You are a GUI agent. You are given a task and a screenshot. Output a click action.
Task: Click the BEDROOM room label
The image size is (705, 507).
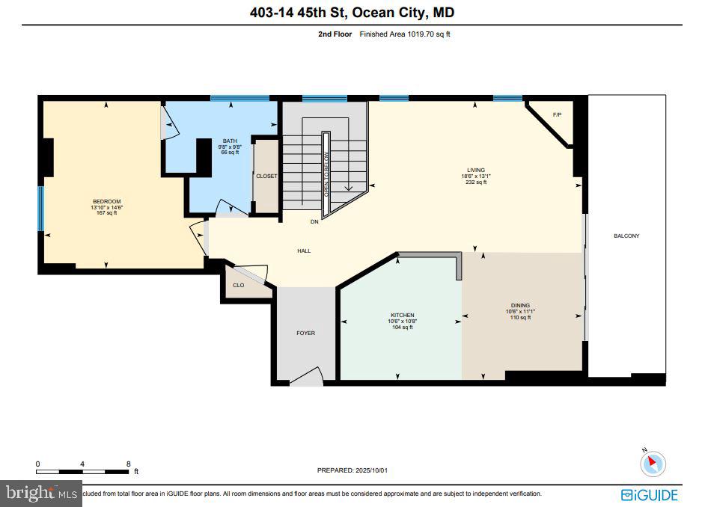click(106, 202)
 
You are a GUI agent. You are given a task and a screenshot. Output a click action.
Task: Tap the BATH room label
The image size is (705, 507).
click(229, 141)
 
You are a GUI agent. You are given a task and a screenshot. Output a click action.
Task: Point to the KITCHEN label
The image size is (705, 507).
click(402, 316)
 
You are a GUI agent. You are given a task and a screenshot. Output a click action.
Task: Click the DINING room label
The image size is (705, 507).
click(520, 305)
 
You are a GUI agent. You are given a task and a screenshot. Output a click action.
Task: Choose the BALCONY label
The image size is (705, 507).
click(626, 236)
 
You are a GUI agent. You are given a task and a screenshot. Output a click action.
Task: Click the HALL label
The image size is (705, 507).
click(304, 251)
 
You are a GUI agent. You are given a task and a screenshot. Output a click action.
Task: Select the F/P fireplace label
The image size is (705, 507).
click(557, 114)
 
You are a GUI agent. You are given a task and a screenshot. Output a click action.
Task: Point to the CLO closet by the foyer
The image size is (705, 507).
click(239, 285)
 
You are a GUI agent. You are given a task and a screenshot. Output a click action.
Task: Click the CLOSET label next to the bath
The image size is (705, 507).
click(266, 176)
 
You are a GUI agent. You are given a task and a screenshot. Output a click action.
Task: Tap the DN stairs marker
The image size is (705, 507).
click(315, 222)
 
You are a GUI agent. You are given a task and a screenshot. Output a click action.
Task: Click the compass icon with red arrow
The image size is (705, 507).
click(653, 464)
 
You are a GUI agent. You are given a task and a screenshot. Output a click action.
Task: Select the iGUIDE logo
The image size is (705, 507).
click(650, 494)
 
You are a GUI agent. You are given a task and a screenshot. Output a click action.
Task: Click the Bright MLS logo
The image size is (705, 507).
click(41, 494)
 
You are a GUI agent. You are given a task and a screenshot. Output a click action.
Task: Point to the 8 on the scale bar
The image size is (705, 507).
click(128, 464)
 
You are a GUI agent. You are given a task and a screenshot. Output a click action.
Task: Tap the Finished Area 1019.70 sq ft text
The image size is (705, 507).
click(405, 34)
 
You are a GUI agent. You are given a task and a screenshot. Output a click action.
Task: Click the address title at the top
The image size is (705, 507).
click(352, 13)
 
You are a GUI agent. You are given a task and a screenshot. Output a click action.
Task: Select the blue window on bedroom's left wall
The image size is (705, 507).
click(41, 209)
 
